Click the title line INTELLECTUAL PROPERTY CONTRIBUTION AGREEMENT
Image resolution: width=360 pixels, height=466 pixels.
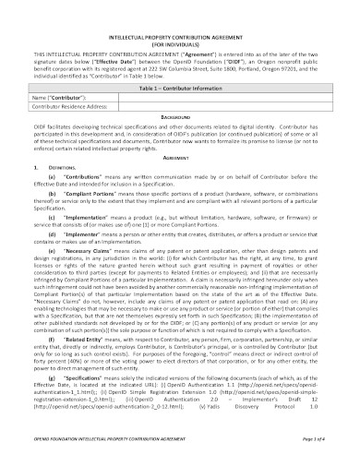click(181, 29)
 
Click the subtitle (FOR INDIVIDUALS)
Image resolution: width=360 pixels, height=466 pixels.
click(181, 37)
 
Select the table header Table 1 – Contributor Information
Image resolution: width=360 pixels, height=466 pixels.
click(181, 84)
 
